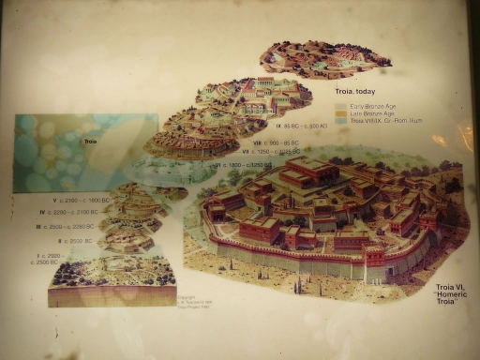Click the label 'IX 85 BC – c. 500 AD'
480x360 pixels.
pyautogui.click(x=301, y=126)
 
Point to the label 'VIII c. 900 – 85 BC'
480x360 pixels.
pyautogui.click(x=274, y=142)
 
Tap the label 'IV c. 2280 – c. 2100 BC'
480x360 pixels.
pyautogui.click(x=74, y=214)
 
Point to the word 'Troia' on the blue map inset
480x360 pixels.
pyautogui.click(x=91, y=142)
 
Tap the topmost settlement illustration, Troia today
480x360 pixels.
pyautogui.click(x=323, y=58)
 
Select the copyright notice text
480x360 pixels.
pyautogui.click(x=190, y=302)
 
